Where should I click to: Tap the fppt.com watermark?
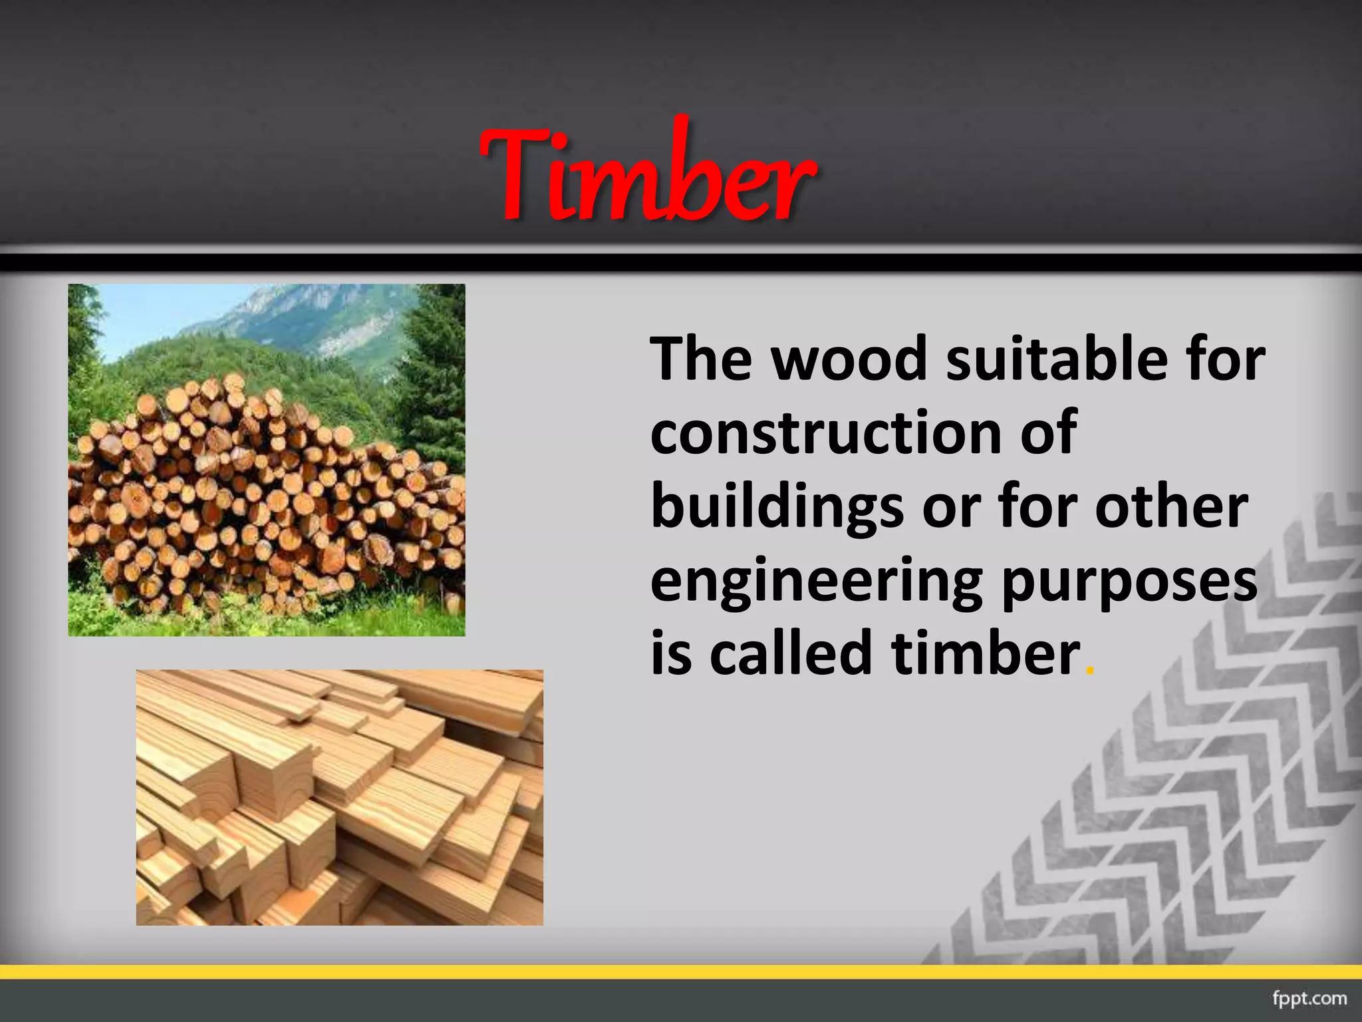pyautogui.click(x=1309, y=998)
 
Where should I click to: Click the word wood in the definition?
pyautogui.click(x=849, y=360)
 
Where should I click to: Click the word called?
pyautogui.click(x=791, y=654)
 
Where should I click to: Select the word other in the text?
pyautogui.click(x=1171, y=508)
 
